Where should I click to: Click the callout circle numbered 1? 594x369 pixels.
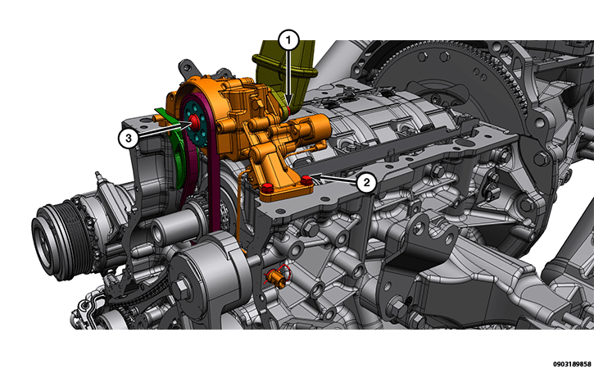[288, 40]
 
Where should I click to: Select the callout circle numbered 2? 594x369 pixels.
[366, 183]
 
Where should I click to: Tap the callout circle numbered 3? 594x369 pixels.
[129, 138]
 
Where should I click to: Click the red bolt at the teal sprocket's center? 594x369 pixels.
[195, 121]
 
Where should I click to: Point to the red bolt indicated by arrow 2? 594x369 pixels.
[306, 180]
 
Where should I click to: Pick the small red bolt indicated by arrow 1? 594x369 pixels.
[288, 111]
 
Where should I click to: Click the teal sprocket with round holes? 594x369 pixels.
[195, 122]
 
